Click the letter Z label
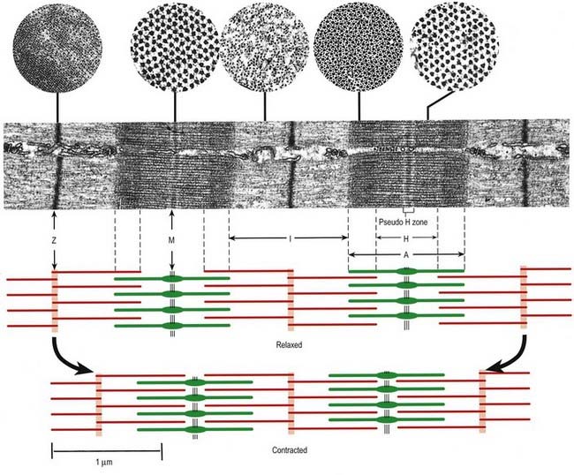(55, 238)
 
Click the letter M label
(173, 238)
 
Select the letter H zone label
(405, 238)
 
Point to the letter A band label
(405, 255)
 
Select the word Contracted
(291, 449)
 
